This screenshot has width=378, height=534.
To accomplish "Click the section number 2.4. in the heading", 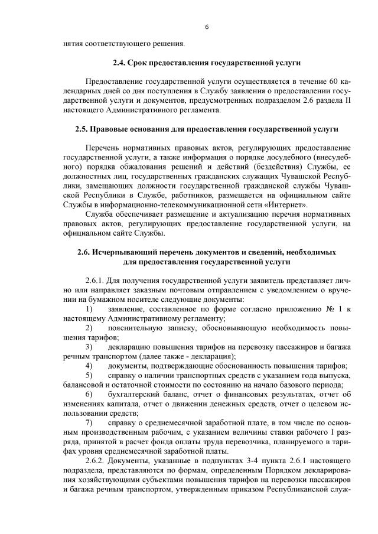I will (x=120, y=61).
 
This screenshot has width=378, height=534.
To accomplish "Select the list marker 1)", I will (x=89, y=310).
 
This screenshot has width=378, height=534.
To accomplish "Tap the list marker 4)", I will (x=89, y=367).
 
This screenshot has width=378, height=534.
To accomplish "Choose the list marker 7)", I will (x=89, y=424).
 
